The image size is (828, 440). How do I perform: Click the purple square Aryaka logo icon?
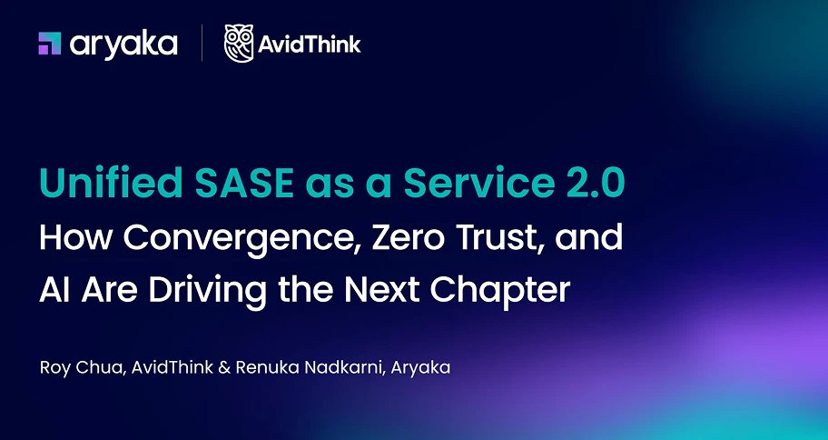(50, 44)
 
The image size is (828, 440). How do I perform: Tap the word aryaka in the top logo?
(123, 45)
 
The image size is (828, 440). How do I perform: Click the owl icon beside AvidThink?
(239, 44)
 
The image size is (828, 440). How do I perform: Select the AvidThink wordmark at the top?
(310, 44)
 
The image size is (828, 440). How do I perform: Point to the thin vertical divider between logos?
(202, 43)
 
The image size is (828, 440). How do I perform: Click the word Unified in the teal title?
(111, 183)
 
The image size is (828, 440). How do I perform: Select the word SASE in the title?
(244, 183)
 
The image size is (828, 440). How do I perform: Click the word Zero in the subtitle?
(408, 238)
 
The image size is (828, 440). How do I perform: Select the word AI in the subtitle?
(54, 290)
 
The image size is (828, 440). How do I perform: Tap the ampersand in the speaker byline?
(224, 368)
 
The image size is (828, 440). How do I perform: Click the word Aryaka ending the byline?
(421, 368)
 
